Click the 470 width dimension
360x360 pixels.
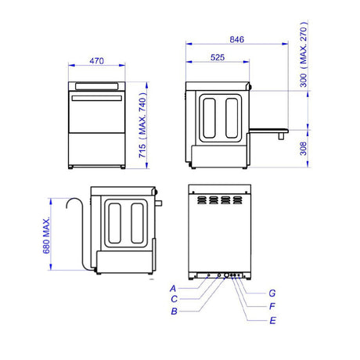click(x=96, y=61)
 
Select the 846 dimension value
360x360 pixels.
click(x=237, y=40)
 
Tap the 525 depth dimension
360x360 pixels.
click(x=218, y=57)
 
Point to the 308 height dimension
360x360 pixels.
click(x=303, y=149)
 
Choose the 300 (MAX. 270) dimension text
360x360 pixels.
click(x=304, y=55)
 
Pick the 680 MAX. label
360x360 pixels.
click(x=46, y=236)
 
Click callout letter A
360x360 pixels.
click(x=173, y=289)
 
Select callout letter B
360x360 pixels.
click(x=174, y=311)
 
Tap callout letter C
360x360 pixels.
click(x=175, y=299)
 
